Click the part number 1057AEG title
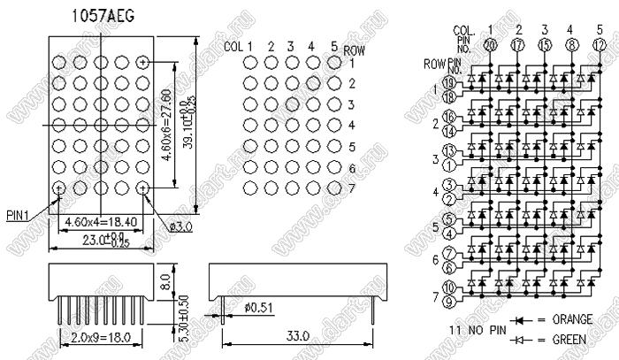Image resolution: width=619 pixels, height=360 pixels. click(103, 17)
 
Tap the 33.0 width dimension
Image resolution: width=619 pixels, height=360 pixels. click(297, 336)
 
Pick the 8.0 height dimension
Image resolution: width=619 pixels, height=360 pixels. click(165, 284)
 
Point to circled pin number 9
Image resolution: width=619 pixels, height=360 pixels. click(448, 301)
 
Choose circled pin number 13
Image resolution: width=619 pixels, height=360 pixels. click(448, 149)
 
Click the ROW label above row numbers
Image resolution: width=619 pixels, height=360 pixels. click(354, 50)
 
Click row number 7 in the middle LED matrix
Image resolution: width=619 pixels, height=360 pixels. click(351, 188)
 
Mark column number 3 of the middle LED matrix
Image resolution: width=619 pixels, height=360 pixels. click(291, 46)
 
